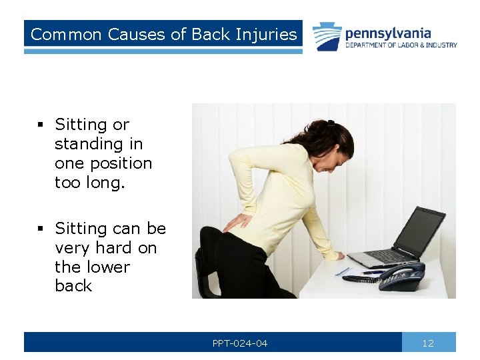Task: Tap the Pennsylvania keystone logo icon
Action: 327,37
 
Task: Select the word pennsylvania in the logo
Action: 387,33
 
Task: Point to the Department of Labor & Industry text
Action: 401,45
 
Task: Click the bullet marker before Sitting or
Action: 41,125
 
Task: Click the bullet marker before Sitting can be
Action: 41,229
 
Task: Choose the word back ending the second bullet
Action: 73,287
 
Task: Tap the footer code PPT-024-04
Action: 240,343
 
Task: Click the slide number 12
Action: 428,343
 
